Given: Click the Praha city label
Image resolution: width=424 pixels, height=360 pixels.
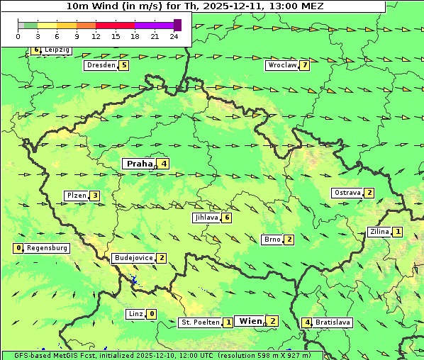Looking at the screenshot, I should (139, 164).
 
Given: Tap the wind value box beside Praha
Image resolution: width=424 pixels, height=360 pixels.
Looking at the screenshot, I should (164, 164).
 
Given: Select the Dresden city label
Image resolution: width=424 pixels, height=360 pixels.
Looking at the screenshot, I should (100, 65).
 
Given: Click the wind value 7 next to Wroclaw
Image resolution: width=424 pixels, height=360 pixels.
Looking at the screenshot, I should (305, 65).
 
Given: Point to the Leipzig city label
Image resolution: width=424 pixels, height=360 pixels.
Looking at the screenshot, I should (56, 50).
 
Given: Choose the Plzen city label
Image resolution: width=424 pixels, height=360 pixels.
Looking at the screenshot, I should (76, 196).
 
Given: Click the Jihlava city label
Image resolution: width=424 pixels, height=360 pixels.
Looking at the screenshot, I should (206, 218).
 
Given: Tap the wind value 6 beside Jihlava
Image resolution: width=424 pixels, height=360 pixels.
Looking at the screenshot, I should (227, 218).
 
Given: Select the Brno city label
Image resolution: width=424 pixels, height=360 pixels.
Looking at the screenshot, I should (272, 240).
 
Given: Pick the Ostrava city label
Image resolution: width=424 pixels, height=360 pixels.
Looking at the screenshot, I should (347, 193).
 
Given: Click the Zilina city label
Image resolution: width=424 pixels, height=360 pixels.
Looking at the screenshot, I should (379, 232).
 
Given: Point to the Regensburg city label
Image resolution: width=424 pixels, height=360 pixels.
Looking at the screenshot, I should (47, 248).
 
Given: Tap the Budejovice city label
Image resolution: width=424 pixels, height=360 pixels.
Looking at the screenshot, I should (133, 258).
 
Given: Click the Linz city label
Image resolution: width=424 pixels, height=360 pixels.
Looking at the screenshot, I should (135, 314).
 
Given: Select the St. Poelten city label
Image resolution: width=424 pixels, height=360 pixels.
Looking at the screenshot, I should (200, 322).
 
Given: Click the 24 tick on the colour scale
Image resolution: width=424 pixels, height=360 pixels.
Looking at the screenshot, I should (174, 36).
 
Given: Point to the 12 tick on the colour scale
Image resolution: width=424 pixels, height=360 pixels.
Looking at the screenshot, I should (96, 36).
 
